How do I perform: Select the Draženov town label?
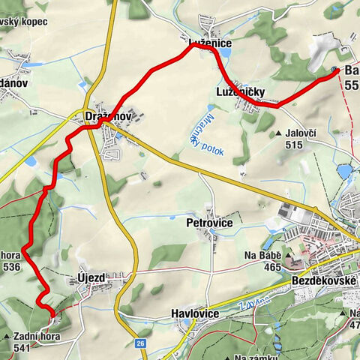click(109, 118)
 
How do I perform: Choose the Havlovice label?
click(194, 313)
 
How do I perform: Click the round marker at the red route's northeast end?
click(333, 71)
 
